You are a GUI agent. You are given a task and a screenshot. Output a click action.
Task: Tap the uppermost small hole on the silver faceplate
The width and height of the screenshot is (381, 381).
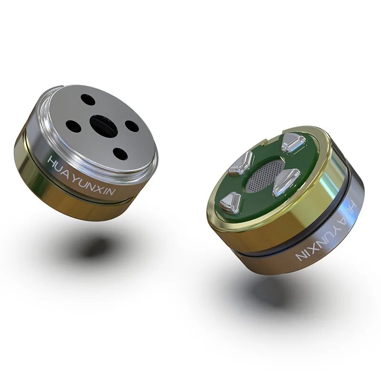point(87,100)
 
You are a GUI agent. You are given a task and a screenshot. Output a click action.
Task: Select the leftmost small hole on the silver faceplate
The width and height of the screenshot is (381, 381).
point(73,126)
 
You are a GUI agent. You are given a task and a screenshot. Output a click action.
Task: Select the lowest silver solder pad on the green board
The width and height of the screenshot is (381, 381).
point(230,203)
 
